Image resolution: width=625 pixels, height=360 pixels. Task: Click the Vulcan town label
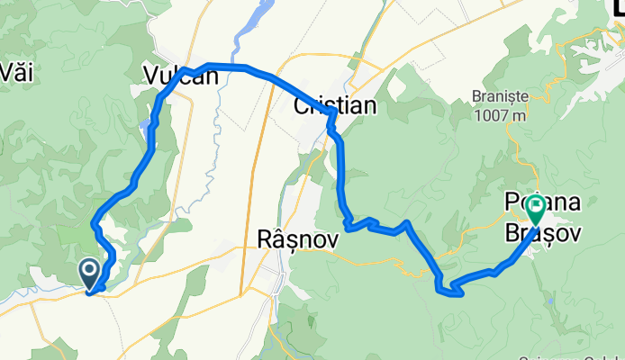click(x=181, y=77)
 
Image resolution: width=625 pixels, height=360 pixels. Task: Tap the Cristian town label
click(x=335, y=106)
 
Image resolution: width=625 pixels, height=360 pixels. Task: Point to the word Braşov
click(x=543, y=231)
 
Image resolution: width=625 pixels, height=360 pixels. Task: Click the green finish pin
click(x=536, y=210)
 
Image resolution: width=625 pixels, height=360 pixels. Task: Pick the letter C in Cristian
click(x=303, y=106)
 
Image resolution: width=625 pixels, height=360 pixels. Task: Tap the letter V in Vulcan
click(x=151, y=77)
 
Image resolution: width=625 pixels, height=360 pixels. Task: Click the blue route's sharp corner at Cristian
click(x=334, y=112)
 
